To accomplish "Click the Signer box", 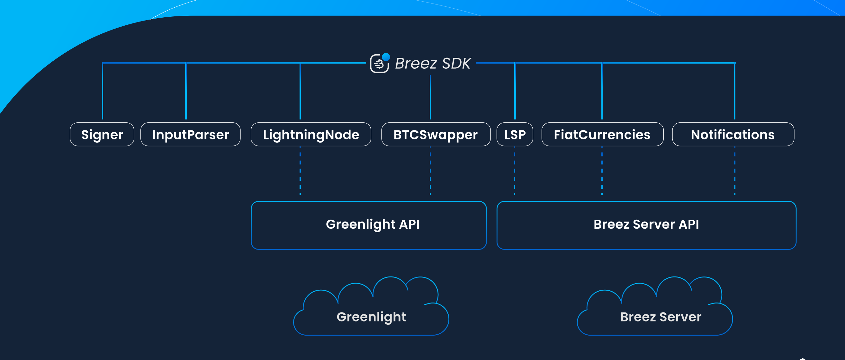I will coord(102,135).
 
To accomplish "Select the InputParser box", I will coord(190,135).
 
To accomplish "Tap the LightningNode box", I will coord(310,135).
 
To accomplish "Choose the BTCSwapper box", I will coord(436,135).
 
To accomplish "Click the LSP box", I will coord(515,135).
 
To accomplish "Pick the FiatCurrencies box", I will coord(602,135).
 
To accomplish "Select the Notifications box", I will coord(733,135).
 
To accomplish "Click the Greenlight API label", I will coord(373,224).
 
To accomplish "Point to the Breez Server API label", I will coord(646,224).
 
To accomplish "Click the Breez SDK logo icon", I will coord(380,63).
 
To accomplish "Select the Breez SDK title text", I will coord(433,63).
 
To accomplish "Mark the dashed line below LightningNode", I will coord(300,171).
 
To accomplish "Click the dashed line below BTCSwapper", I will coord(430,171).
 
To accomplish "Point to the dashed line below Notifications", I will coord(735,171).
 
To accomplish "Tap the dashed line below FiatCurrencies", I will coord(602,171).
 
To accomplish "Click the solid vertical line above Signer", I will coord(103,92).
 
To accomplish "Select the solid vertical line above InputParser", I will coord(186,92).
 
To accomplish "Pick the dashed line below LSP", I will coord(515,171).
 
